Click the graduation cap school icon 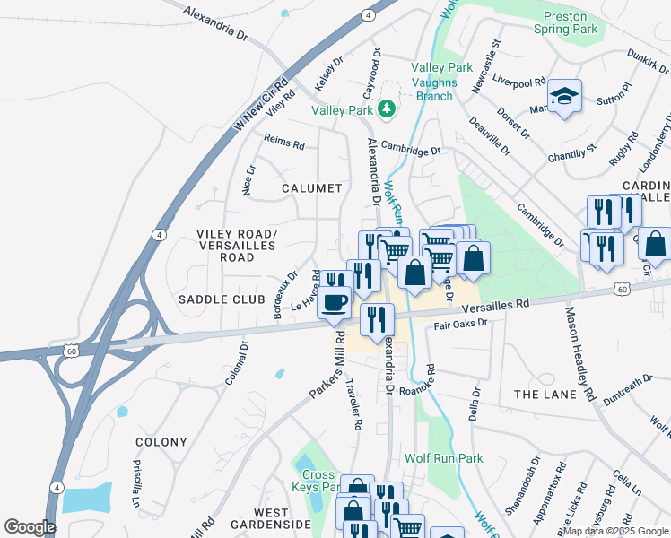click(x=564, y=95)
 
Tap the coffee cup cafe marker click(x=335, y=303)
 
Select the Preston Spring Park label click(x=571, y=22)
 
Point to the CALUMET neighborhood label click(x=311, y=188)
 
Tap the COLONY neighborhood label click(x=161, y=442)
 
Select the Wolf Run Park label click(x=443, y=458)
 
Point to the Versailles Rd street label click(x=498, y=308)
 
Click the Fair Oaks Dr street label click(x=460, y=324)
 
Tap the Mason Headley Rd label click(x=579, y=352)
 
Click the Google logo click(x=30, y=527)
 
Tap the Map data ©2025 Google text click(x=615, y=531)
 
